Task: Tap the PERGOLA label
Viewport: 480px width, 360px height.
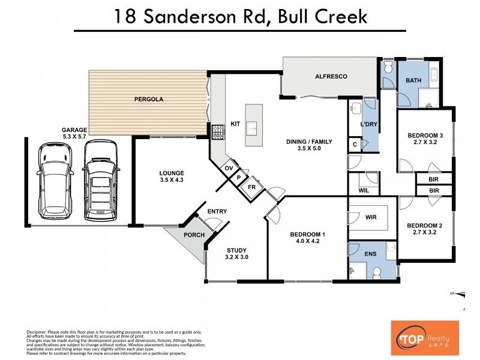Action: point(148,99)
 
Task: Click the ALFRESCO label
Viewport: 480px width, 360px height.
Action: point(331,77)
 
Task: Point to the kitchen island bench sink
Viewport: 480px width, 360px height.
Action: point(254,127)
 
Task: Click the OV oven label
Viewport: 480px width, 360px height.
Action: point(228,169)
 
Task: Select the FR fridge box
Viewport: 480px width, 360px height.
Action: point(253,187)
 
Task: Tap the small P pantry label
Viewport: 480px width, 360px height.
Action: point(238,178)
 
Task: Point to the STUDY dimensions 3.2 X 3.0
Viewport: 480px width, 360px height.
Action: point(236,258)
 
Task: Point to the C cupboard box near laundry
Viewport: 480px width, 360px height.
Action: point(355,145)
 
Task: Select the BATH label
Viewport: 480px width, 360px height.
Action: point(413,80)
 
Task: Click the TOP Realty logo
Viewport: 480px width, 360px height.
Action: point(424,337)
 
